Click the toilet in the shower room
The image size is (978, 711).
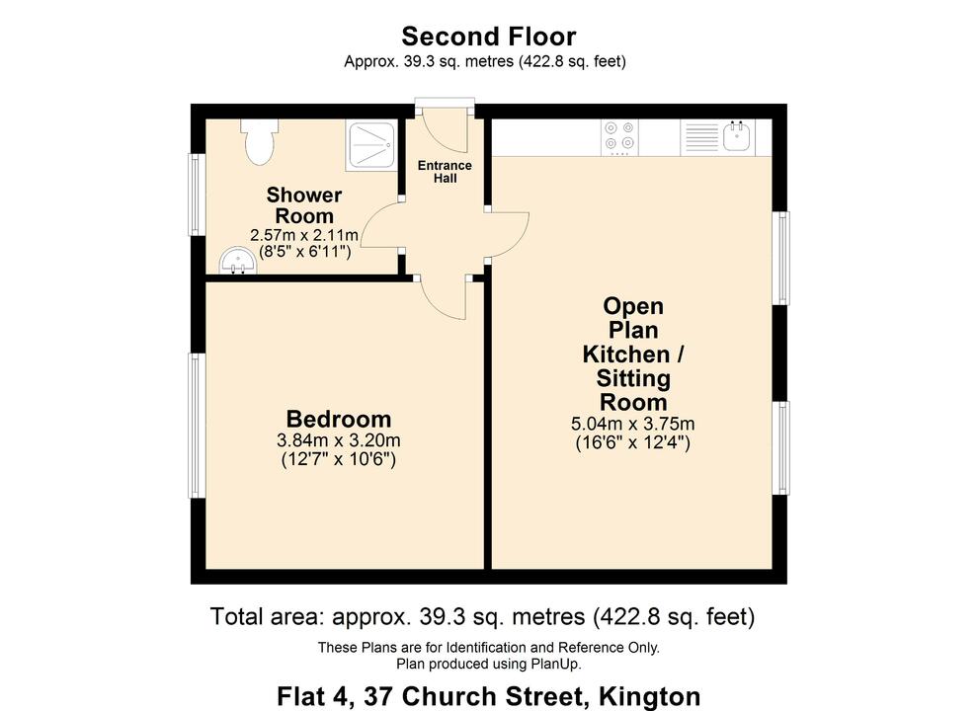[259, 142]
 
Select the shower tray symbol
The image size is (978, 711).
[371, 145]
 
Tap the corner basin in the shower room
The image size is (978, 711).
[234, 262]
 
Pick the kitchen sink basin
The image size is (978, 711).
[737, 136]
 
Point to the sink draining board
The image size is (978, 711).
[701, 136]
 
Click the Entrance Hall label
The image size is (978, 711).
[445, 172]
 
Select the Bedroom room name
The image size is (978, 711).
[339, 419]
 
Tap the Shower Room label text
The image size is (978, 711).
[304, 205]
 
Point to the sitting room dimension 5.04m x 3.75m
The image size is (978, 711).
[632, 424]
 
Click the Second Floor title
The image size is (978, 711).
[488, 37]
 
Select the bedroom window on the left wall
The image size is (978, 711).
[198, 425]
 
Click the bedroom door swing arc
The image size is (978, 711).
[444, 299]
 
